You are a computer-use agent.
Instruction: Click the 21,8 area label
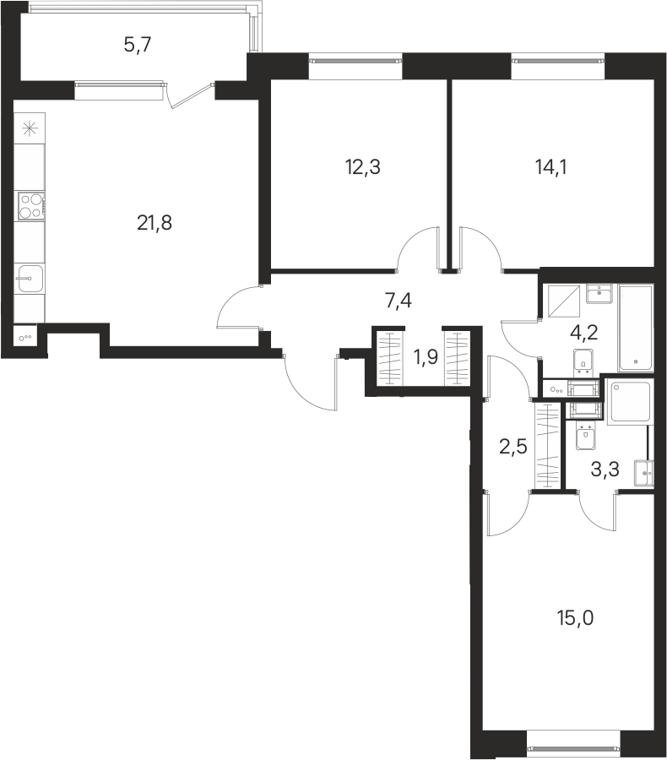155,224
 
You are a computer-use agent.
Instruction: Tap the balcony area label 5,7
138,46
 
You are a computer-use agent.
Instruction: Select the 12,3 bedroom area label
362,167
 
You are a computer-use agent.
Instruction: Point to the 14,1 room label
551,167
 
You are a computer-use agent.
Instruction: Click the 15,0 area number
575,618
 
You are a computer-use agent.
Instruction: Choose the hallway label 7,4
398,301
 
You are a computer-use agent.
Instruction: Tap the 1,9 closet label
426,358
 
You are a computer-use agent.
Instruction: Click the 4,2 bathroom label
583,333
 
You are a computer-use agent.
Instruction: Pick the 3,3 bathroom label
605,470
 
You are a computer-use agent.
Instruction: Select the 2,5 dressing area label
512,446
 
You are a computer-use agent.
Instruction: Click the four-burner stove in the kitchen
31,205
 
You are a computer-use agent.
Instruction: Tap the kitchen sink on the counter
30,278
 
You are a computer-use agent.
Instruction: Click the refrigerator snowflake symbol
30,128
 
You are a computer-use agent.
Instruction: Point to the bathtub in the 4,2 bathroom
636,328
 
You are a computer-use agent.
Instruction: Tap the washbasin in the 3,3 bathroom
644,473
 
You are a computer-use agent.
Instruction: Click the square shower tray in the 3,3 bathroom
630,401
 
